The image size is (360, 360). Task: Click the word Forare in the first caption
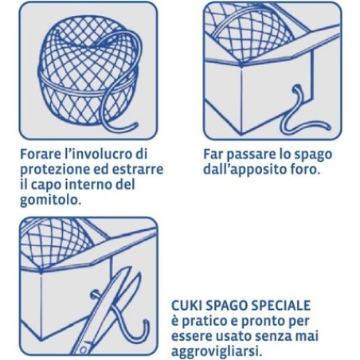pyautogui.click(x=44, y=153)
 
